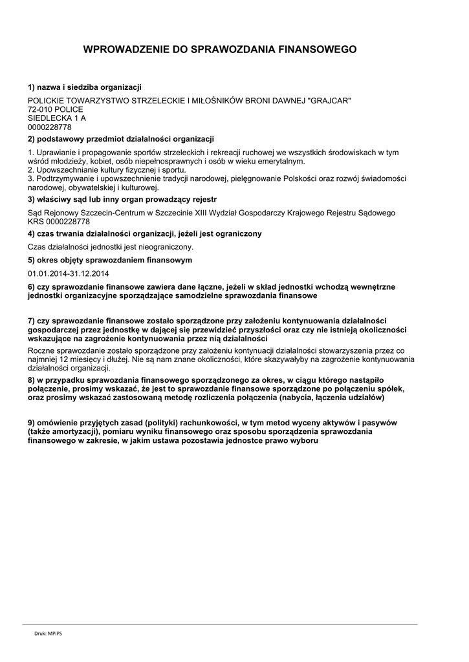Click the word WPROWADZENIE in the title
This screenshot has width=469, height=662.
tap(127, 49)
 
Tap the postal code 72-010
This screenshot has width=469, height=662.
tap(40, 110)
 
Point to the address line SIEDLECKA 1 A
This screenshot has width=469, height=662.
tap(57, 118)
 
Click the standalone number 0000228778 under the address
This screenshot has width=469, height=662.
tap(50, 127)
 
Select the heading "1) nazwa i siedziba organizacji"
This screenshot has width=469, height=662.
tap(85, 87)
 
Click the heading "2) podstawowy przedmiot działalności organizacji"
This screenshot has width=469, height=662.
tap(121, 139)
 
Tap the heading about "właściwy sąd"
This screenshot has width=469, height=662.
tap(122, 199)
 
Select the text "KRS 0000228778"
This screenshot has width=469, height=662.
tap(59, 221)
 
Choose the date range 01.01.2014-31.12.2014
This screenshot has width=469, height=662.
tap(69, 273)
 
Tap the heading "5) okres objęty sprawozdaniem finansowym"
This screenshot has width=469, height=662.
tap(110, 260)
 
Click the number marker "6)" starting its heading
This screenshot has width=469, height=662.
tap(32, 286)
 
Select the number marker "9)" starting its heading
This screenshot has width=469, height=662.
tap(32, 422)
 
